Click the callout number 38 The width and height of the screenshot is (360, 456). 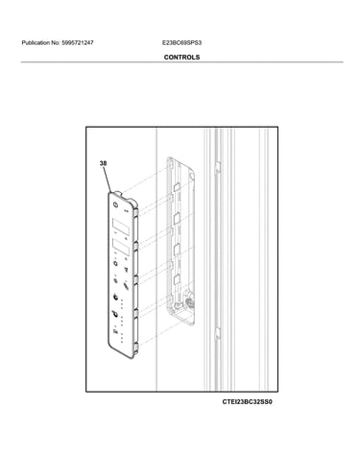point(103,163)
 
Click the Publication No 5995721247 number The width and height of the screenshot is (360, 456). point(78,42)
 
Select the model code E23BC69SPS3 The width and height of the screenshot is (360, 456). point(181,42)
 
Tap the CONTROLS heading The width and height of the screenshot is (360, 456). point(181,58)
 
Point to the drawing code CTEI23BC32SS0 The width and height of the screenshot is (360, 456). point(247,402)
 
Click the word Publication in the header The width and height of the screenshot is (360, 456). point(36,42)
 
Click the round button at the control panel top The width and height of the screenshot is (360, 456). point(115,204)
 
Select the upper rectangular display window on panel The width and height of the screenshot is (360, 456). point(121,227)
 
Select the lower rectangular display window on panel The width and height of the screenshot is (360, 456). point(121,246)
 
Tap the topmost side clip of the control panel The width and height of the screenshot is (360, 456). point(135,212)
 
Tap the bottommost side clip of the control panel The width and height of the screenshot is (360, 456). point(136,348)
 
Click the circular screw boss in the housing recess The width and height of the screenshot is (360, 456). point(188,300)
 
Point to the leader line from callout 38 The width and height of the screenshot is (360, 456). point(108,180)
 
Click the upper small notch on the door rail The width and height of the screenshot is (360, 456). point(217,166)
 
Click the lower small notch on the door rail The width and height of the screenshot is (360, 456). point(217,332)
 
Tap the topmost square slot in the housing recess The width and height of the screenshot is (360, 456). point(177,187)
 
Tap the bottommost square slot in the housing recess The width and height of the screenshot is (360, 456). point(177,280)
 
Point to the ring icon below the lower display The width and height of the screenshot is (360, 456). point(115,263)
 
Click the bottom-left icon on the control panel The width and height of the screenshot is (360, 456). point(115,329)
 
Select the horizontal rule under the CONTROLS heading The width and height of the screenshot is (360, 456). point(181,61)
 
